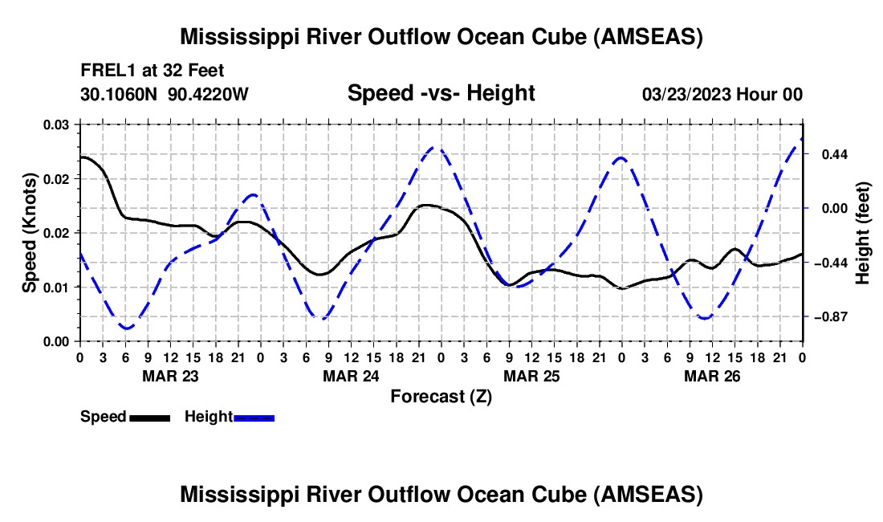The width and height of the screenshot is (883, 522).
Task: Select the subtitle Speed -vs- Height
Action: pos(441,94)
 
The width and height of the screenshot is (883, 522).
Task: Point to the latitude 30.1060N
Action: pos(120,94)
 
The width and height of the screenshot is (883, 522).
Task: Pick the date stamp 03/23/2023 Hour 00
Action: pos(722,94)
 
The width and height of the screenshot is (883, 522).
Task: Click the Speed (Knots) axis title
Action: pos(30,232)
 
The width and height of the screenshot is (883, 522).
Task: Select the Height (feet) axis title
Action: pos(863,232)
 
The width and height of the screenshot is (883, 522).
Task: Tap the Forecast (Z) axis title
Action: pos(441,396)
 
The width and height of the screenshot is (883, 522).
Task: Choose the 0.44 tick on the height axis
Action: pos(827,154)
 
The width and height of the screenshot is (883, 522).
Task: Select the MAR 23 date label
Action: pos(169,375)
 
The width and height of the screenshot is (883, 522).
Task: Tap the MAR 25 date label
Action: pos(531,375)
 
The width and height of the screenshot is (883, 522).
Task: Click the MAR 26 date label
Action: pos(711,375)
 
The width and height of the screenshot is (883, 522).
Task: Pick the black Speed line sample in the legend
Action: pos(149,418)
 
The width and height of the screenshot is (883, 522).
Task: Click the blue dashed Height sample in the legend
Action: pos(254,418)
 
